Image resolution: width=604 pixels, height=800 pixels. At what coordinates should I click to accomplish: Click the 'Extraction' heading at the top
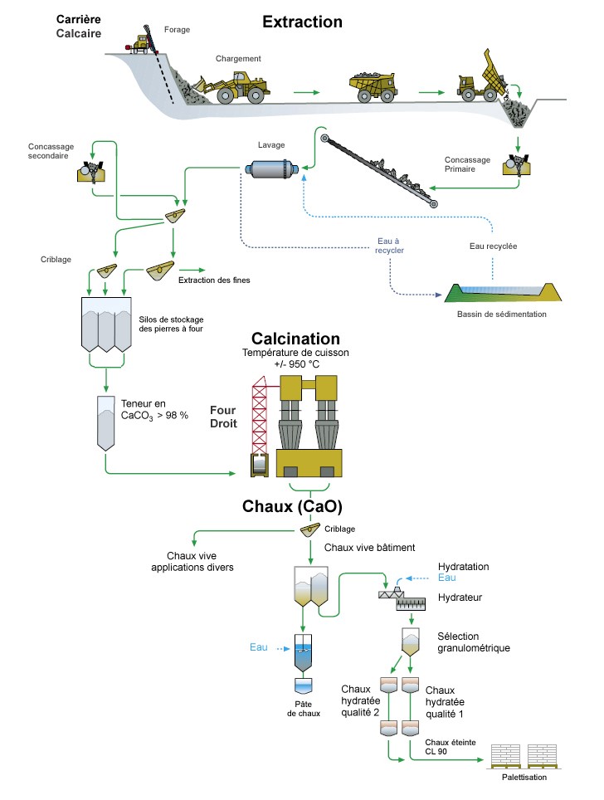(302, 22)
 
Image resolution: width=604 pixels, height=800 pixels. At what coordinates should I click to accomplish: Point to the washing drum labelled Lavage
(270, 168)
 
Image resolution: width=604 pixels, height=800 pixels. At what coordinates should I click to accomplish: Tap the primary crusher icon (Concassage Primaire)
(516, 165)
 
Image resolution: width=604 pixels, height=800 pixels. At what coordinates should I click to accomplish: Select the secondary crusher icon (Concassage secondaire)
(91, 171)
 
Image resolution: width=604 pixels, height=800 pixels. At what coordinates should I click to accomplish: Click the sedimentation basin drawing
(503, 293)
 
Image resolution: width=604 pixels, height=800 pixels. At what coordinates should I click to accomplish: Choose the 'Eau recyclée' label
(493, 246)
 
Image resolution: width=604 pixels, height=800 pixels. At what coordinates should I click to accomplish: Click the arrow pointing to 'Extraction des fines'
(192, 270)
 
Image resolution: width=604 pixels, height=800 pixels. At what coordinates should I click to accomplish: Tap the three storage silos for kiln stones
(106, 324)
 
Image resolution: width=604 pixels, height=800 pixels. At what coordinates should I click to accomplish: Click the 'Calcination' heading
(296, 339)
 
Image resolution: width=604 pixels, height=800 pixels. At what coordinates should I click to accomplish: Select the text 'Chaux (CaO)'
(292, 506)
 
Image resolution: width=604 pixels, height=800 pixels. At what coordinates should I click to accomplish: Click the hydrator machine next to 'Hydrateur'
(402, 599)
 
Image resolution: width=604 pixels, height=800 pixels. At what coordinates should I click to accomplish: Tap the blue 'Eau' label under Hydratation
(447, 578)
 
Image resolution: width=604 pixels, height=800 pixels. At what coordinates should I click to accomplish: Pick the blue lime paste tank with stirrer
(303, 653)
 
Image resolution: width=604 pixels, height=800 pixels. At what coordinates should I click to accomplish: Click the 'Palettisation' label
(524, 777)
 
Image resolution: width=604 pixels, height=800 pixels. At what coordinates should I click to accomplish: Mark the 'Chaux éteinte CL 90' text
(450, 747)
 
